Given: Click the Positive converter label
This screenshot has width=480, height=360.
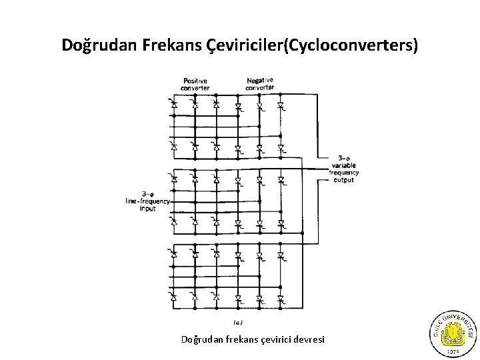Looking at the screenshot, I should click(x=195, y=84).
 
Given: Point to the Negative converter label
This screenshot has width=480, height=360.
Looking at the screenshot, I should click(x=259, y=83).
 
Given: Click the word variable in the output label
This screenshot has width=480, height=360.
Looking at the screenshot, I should click(x=344, y=166).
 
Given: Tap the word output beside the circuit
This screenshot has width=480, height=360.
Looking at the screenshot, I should click(x=344, y=180).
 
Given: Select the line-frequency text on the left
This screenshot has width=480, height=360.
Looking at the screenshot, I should click(x=147, y=201).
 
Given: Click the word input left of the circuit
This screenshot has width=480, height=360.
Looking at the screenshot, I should click(x=147, y=209).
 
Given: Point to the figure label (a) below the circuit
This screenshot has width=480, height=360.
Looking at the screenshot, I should click(x=238, y=322).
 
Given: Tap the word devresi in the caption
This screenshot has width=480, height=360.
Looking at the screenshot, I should click(x=307, y=340).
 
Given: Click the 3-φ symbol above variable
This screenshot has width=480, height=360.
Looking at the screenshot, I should click(x=344, y=159).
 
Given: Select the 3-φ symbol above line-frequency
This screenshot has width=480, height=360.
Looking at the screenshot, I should click(x=147, y=194).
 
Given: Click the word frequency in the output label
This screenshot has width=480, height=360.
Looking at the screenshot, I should click(x=344, y=173).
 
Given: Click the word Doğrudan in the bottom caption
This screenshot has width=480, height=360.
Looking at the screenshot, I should click(x=198, y=340).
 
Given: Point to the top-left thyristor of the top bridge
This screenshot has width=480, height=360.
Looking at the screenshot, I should click(x=173, y=105).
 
